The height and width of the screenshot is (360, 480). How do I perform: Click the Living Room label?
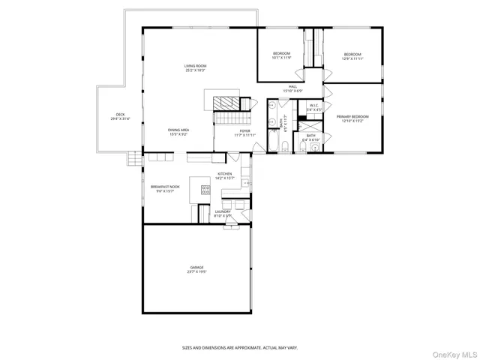(195, 66)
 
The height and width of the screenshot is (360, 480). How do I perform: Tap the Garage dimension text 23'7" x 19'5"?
(196, 272)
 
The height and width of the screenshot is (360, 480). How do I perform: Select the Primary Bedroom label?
(352, 116)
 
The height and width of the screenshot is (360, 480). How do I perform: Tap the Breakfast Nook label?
(163, 186)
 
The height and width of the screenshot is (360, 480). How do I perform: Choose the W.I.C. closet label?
(315, 106)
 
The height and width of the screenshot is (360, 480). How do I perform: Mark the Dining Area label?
(178, 130)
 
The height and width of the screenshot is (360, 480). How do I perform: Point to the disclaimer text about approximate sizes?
(240, 347)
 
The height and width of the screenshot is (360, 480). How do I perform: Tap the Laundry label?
(223, 211)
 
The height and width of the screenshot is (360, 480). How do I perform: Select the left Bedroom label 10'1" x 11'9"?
(281, 53)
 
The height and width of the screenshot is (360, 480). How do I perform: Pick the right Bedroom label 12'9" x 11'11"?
(352, 54)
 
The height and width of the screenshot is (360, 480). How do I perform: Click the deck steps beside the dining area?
(134, 159)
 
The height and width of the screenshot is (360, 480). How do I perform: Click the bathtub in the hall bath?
(273, 142)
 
